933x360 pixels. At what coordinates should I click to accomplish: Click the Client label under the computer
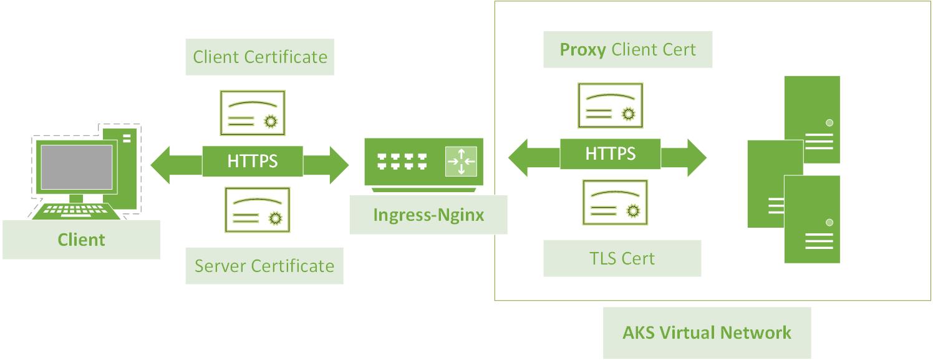[81, 240]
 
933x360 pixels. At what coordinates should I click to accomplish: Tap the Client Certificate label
[259, 57]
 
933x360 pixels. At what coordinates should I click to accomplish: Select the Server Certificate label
[264, 266]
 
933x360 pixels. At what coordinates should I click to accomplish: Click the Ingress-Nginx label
[428, 215]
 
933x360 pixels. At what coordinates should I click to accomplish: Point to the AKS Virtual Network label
[707, 332]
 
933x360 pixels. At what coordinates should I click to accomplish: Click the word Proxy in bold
[583, 50]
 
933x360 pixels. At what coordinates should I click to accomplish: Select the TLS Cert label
[622, 258]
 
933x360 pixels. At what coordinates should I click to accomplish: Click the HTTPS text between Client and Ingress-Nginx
[253, 162]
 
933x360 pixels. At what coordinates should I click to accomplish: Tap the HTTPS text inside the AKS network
[610, 153]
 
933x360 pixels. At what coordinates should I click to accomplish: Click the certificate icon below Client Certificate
[253, 113]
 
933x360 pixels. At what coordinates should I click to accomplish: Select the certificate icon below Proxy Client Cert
[611, 105]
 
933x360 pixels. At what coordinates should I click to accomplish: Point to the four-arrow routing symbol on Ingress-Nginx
[461, 162]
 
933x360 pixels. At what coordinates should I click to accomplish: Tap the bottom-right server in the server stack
[811, 220]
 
